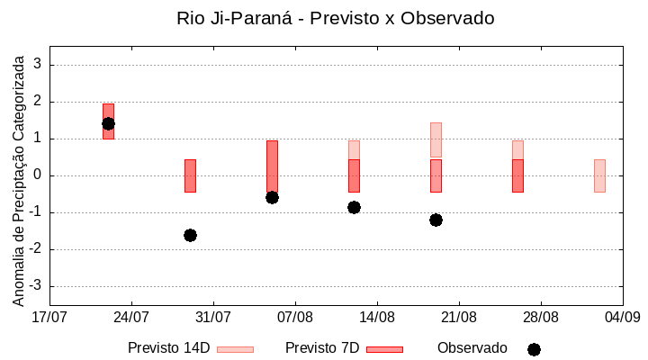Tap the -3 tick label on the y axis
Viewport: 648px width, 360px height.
point(35,286)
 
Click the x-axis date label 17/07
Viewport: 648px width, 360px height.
point(49,317)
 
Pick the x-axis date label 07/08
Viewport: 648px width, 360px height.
point(294,317)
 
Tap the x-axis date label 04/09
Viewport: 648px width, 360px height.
point(622,317)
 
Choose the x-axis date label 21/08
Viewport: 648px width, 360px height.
point(458,317)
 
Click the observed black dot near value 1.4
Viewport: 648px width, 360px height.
point(108,123)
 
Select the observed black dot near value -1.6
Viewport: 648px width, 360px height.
point(190,235)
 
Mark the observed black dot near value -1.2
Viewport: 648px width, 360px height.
point(436,220)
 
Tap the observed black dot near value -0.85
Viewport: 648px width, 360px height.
point(354,207)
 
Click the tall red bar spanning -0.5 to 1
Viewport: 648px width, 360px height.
point(272,166)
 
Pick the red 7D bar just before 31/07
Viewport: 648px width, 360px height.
point(190,175)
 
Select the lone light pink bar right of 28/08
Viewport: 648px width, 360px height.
point(599,175)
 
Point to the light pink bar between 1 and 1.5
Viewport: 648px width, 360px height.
point(436,139)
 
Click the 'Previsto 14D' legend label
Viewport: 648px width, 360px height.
point(168,347)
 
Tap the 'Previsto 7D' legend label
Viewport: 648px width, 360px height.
point(322,347)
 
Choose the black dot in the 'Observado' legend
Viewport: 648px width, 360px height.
point(534,349)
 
